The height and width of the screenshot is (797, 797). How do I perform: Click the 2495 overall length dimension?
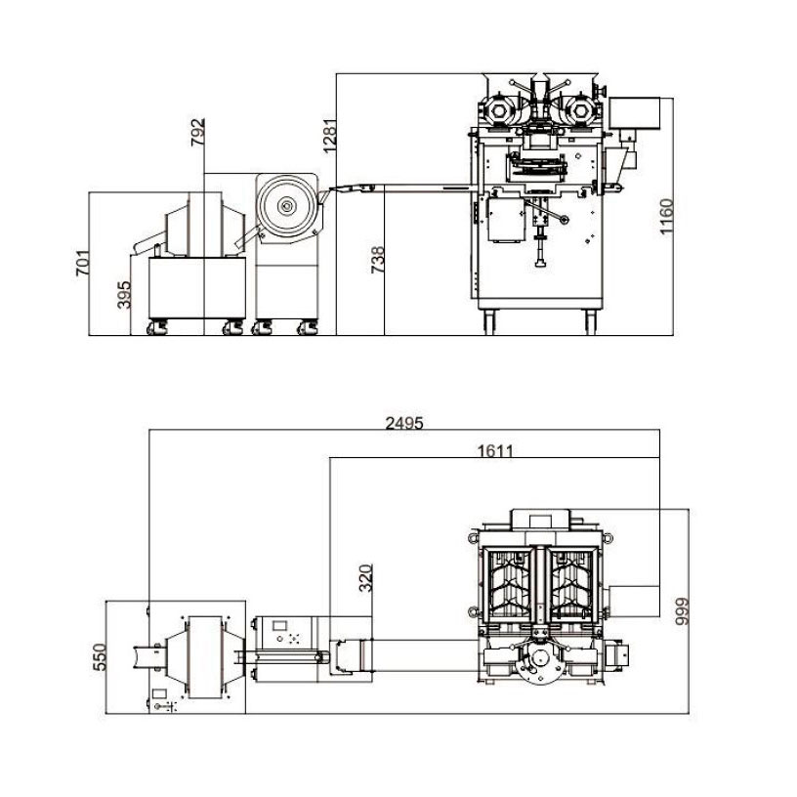[x=404, y=423]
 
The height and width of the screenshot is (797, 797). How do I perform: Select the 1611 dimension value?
[x=495, y=451]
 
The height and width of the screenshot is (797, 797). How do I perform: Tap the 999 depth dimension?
[x=682, y=611]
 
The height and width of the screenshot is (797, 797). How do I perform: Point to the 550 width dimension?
[x=100, y=656]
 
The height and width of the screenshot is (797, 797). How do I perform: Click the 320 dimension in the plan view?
[x=365, y=578]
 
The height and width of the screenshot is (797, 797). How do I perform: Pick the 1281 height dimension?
[x=329, y=136]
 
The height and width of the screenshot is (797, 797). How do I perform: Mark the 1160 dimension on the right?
[x=666, y=217]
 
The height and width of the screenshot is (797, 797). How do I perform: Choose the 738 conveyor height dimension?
[x=377, y=260]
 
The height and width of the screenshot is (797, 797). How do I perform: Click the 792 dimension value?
[x=197, y=132]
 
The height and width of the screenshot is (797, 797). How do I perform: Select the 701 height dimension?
[x=82, y=263]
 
